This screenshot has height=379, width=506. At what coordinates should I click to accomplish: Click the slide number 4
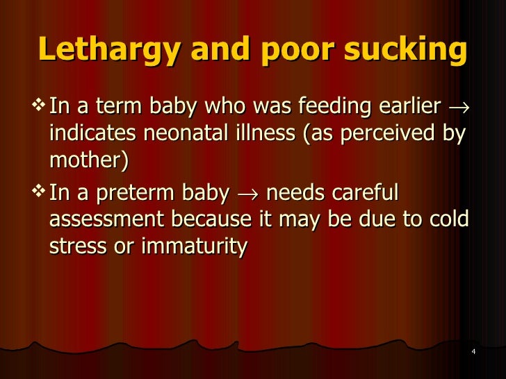(473, 353)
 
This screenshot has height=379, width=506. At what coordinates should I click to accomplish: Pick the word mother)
(90, 161)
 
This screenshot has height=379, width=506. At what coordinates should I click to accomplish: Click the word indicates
(87, 135)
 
